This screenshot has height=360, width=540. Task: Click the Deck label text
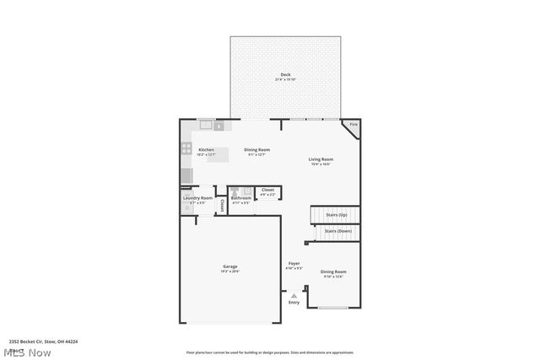coord(285,75)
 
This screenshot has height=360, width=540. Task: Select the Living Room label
coord(320,159)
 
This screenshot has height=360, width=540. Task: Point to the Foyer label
coord(294,264)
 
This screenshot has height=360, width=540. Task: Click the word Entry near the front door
coord(294,302)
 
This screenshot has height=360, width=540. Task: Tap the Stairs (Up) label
coord(324,214)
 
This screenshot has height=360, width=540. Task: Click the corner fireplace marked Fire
coord(353,126)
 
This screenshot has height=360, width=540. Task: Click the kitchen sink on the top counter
coord(205,126)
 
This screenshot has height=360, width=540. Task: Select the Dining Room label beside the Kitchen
coord(256,150)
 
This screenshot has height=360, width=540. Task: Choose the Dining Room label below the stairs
coord(333,271)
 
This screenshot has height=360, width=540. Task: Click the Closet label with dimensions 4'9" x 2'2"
coord(267,191)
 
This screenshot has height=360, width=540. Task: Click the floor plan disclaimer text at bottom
coord(270,352)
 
